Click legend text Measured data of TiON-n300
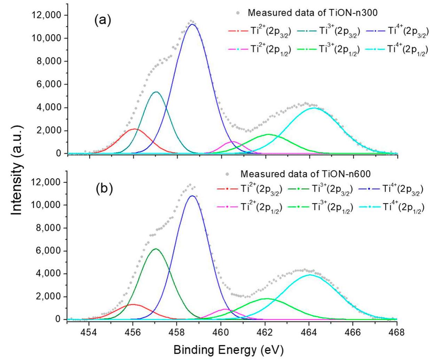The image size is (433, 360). pos(313,13)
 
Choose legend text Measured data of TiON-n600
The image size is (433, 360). pos(305,174)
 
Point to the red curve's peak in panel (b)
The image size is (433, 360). pos(133,304)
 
